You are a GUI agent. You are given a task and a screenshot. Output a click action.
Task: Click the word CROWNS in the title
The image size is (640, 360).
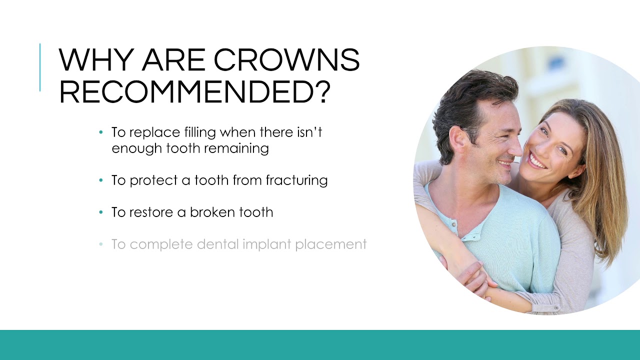(x=286, y=60)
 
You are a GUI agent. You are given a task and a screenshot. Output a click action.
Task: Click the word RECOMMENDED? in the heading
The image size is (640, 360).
(x=195, y=91)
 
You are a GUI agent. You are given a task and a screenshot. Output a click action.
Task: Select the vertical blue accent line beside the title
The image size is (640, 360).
(x=40, y=67)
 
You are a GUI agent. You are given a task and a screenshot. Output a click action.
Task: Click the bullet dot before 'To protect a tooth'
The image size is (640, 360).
(x=101, y=180)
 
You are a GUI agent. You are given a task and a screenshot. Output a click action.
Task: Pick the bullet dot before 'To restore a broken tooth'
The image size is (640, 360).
(x=101, y=212)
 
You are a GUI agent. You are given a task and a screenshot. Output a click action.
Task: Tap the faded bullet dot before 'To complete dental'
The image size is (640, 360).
(x=101, y=244)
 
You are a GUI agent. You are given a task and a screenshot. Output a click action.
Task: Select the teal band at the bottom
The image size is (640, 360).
(x=320, y=345)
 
